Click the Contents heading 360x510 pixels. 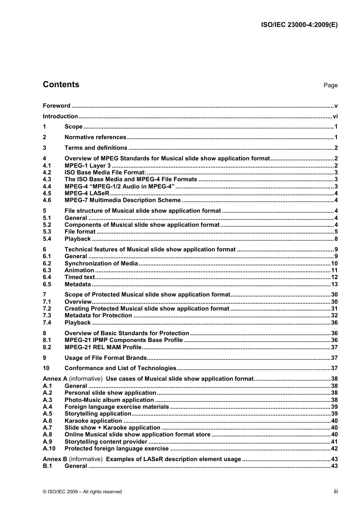point(61,85)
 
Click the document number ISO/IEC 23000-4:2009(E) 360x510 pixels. point(299,25)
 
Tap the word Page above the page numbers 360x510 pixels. point(330,85)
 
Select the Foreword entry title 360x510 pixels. point(56,106)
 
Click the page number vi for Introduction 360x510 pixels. point(335,116)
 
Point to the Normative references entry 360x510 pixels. point(95,137)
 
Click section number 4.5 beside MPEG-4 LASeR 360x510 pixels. point(47,193)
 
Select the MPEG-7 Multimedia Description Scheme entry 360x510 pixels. point(122,200)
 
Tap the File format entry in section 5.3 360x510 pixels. point(80,232)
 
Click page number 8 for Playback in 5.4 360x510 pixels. point(336,239)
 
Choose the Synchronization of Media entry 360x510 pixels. point(101,264)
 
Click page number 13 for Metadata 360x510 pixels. point(334,284)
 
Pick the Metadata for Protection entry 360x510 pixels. point(98,315)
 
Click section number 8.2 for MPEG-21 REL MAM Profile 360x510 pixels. point(47,347)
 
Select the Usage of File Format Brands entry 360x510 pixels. point(105,358)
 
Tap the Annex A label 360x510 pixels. point(55,379)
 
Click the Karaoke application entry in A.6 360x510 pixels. point(93,421)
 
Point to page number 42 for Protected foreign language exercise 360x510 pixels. point(334,449)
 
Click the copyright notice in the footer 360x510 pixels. point(82,492)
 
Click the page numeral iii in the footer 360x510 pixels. point(336,491)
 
